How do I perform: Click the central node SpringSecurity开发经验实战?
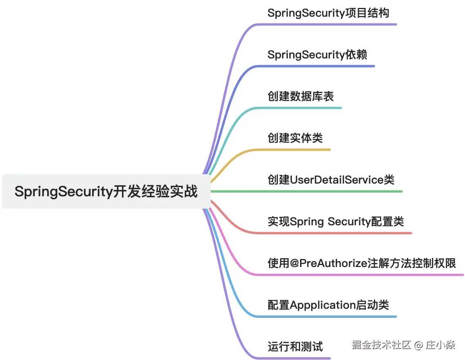click(x=106, y=192)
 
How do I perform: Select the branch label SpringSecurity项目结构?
click(x=328, y=13)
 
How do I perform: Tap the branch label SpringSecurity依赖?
click(x=317, y=54)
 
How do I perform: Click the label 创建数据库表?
click(x=301, y=96)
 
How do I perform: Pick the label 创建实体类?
click(x=295, y=138)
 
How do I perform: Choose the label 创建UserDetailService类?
click(x=331, y=180)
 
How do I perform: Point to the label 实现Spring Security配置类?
click(x=336, y=221)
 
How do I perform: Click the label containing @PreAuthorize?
click(x=362, y=263)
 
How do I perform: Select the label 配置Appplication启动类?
click(x=328, y=305)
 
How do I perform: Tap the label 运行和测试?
click(x=295, y=346)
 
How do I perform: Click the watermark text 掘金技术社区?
click(x=381, y=345)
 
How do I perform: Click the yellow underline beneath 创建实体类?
click(x=302, y=149)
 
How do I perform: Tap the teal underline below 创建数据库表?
click(x=310, y=108)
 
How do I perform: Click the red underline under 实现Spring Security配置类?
click(x=338, y=233)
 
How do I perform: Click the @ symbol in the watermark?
click(x=418, y=345)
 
